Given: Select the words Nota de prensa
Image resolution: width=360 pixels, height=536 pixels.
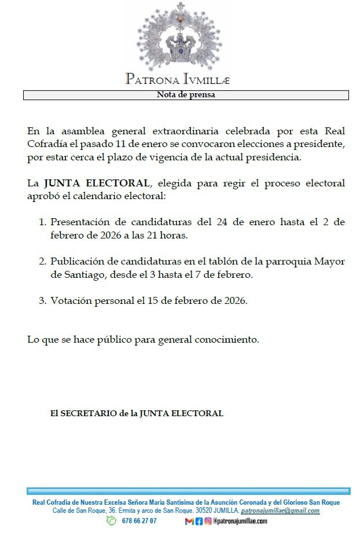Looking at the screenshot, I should coord(186,96).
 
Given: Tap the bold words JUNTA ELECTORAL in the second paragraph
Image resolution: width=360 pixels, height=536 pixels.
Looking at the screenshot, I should coord(97,184).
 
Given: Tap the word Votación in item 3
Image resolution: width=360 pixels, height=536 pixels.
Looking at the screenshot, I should coord(71,301).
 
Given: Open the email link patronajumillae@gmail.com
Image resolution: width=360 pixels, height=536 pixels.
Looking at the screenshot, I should coord(280,511).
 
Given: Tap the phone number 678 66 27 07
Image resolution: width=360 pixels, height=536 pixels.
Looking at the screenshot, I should coord(139,521).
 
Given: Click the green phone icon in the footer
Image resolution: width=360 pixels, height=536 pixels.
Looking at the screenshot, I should coord(111,521).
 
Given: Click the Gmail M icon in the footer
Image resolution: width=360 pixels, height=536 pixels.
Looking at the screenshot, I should coord(189,521).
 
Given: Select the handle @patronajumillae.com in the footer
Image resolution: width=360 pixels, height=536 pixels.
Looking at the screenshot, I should coord(240,521).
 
